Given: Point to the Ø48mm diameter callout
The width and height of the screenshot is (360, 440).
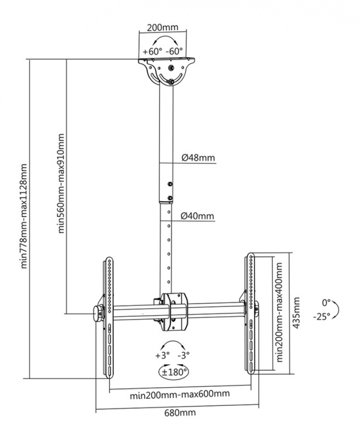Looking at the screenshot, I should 198,158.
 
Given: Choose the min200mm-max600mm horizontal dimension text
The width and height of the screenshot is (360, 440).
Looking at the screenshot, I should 180,394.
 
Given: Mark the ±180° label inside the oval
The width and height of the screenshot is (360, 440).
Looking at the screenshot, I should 173,371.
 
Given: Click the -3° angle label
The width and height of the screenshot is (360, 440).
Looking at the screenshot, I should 183,355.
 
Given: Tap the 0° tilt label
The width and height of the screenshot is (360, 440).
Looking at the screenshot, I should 326,303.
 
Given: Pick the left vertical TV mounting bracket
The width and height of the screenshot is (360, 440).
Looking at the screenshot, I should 110,317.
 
